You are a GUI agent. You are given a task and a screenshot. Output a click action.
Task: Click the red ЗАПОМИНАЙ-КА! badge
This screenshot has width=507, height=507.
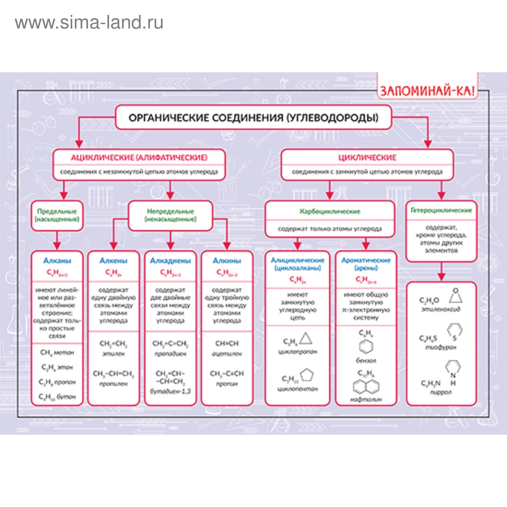pyautogui.click(x=427, y=91)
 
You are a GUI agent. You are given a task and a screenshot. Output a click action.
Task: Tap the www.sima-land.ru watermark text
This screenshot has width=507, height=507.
pyautogui.click(x=89, y=22)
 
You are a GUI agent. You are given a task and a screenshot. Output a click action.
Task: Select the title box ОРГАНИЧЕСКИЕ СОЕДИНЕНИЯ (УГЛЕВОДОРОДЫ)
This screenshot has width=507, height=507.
pyautogui.click(x=253, y=118)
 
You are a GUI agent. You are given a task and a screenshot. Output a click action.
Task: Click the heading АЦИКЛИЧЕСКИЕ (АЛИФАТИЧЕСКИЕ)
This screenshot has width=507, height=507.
pyautogui.click(x=139, y=157)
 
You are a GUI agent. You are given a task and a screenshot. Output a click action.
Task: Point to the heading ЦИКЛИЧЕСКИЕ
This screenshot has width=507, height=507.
pyautogui.click(x=367, y=157)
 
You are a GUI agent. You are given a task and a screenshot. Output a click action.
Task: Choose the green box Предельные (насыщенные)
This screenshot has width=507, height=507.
pyautogui.click(x=57, y=215)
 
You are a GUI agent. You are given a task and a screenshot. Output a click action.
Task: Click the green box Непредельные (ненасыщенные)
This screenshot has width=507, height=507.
pyautogui.click(x=170, y=215)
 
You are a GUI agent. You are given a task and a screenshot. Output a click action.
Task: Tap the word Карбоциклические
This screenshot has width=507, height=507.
pyautogui.click(x=330, y=211)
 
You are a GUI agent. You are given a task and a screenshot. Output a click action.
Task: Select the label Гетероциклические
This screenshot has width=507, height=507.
pyautogui.click(x=441, y=210)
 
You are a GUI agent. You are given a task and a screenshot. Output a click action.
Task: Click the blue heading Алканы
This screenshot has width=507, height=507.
pyautogui.click(x=57, y=261)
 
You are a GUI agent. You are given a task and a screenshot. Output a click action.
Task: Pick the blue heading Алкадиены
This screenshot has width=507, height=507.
pyautogui.click(x=170, y=261)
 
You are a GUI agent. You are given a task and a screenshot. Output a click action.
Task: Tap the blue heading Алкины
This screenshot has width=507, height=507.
pyautogui.click(x=227, y=261)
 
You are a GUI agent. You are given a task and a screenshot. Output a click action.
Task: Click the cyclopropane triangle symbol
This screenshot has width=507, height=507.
pyautogui.click(x=306, y=339)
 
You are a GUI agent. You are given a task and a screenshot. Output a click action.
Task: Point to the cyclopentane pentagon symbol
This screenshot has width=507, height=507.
pyautogui.click(x=306, y=375)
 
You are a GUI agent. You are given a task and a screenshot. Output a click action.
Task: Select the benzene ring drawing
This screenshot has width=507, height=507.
pyautogui.click(x=366, y=346)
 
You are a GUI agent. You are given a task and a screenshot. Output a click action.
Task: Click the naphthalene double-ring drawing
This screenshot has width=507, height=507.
pyautogui.click(x=366, y=386)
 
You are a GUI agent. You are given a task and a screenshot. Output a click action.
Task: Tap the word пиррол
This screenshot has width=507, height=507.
pyautogui.click(x=440, y=392)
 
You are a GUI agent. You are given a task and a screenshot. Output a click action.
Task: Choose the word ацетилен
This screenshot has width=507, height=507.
pyautogui.click(x=227, y=354)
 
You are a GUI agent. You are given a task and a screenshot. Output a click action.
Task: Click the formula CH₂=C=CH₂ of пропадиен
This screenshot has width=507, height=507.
pyautogui.click(x=170, y=344)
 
